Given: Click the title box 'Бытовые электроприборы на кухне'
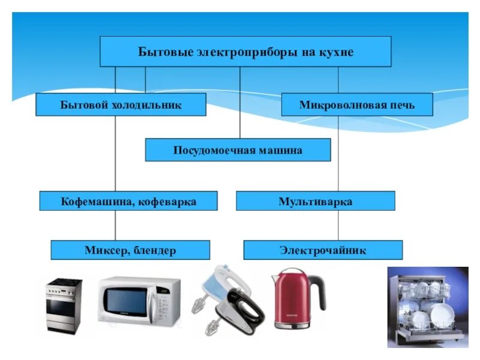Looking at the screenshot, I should coord(245,52).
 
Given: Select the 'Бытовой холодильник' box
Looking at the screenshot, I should coord(121,104).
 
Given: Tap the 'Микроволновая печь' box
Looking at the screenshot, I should coord(356,104).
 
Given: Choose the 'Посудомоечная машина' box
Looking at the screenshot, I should coord(238,150).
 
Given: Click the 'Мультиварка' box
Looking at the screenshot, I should coord(315,201).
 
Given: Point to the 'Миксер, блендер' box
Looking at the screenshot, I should coord(130,250).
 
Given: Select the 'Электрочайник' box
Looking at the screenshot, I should coord(322,250).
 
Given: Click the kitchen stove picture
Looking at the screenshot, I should coord(64,305).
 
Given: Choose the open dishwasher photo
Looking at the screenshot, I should coord(427,307).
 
